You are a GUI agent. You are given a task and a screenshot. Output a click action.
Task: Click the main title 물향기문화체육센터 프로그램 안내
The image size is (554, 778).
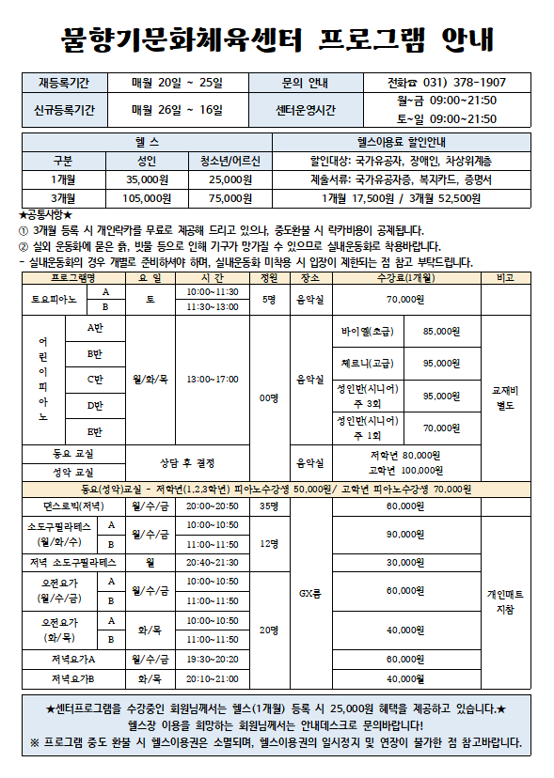(277, 39)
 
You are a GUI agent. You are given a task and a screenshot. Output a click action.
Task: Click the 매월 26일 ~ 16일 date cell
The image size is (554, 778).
(178, 111)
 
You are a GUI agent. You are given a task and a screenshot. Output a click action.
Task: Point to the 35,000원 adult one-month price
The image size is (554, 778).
(147, 179)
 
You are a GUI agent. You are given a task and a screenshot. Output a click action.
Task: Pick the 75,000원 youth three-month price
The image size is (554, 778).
(230, 198)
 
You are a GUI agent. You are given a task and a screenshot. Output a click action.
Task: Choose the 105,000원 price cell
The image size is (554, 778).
(147, 198)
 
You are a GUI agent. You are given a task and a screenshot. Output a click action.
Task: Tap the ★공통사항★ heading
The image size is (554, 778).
(46, 215)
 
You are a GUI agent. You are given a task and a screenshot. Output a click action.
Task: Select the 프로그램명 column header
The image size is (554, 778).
(72, 279)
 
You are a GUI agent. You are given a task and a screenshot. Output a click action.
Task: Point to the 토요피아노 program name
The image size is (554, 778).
(54, 300)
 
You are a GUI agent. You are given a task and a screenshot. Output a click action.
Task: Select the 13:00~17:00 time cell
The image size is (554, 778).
(212, 380)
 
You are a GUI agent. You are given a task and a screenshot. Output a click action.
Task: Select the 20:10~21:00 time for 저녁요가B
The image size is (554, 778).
(212, 678)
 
